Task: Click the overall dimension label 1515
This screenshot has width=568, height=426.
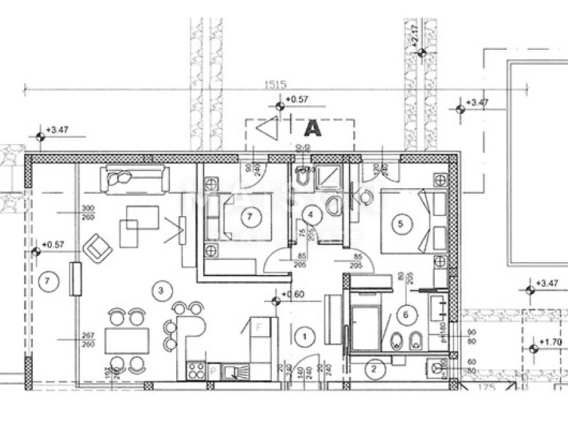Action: [x=275, y=85]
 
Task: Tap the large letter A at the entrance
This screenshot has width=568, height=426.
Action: [x=313, y=128]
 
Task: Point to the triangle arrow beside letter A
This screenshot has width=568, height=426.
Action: [x=267, y=129]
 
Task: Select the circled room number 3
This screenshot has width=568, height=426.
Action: [x=161, y=290]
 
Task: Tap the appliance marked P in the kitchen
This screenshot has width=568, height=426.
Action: [x=214, y=372]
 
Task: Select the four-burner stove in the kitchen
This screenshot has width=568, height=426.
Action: [x=195, y=370]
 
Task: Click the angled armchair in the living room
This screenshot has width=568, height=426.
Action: [x=98, y=248]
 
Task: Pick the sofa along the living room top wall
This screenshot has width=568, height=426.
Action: [x=134, y=179]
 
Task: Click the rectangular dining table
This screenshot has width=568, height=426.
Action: [x=127, y=341]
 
